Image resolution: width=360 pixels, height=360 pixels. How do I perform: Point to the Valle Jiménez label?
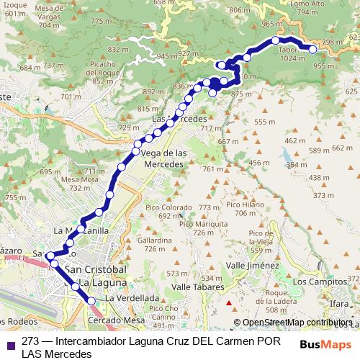(x=252, y=266)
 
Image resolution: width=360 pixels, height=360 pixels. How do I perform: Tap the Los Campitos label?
(x=316, y=282)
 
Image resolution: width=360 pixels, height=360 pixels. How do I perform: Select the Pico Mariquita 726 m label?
(x=197, y=228)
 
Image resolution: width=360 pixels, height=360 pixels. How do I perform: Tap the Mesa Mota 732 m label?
(x=79, y=183)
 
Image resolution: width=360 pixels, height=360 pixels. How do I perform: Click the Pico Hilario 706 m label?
(x=240, y=209)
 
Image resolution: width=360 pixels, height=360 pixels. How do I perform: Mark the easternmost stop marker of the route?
(x=312, y=49)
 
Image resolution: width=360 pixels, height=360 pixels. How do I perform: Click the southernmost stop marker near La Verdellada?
(x=91, y=301)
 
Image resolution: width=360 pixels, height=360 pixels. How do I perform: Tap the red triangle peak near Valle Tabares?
(x=228, y=302)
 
